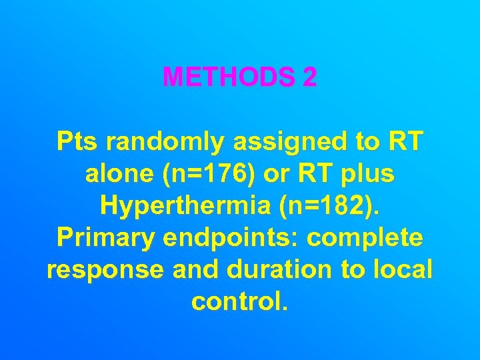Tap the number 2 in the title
click(309, 77)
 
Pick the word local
click(403, 270)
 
